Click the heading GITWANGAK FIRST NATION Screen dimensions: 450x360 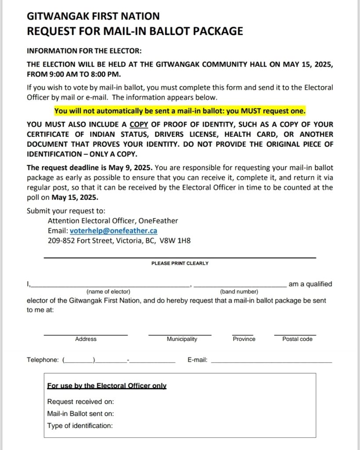pyautogui.click(x=93, y=17)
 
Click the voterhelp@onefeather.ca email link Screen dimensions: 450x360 pyautogui.click(x=113, y=231)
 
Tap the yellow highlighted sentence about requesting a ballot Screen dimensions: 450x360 pyautogui.click(x=180, y=110)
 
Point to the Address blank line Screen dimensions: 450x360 pyautogui.click(x=86, y=334)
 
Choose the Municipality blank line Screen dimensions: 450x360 pyautogui.click(x=180, y=334)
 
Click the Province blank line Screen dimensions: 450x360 pyautogui.click(x=243, y=334)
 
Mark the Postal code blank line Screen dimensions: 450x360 pyautogui.click(x=295, y=334)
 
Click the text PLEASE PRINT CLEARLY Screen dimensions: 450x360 pyautogui.click(x=180, y=263)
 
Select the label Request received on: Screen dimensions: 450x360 pyautogui.click(x=80, y=402)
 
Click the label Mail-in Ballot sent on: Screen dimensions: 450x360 pyautogui.click(x=80, y=414)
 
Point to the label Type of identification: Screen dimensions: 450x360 pyautogui.click(x=79, y=425)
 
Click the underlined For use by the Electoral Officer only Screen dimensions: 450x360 pyautogui.click(x=107, y=386)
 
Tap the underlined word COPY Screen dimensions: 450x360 pyautogui.click(x=139, y=124)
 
